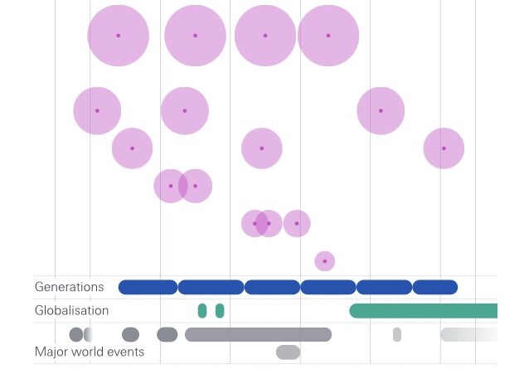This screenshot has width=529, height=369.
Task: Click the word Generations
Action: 70,287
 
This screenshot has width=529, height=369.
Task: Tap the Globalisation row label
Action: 71,310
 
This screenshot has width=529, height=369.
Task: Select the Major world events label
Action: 90,352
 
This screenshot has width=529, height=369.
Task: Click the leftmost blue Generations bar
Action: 148,287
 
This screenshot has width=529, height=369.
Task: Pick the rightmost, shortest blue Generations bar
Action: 435,287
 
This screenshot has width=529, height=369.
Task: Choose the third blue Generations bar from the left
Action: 272,287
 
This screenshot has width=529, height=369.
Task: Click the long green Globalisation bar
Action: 423,311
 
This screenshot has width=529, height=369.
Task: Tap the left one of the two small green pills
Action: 202,311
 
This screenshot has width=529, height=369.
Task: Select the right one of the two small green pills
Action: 220,311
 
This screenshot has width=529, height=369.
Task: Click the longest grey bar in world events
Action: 258,334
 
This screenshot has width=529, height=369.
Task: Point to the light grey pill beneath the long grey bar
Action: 288,352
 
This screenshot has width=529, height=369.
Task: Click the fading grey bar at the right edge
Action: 468,334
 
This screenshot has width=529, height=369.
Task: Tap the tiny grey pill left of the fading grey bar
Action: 397,334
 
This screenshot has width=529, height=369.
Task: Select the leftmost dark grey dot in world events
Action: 76,334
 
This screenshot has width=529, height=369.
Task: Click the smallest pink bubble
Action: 325,261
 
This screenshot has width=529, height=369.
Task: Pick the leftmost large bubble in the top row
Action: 119,36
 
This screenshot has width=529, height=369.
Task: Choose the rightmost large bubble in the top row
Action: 328,36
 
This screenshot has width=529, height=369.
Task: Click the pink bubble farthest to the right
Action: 444,148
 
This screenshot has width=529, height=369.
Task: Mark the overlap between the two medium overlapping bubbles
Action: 183,186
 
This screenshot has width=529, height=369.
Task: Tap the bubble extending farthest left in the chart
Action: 97,111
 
